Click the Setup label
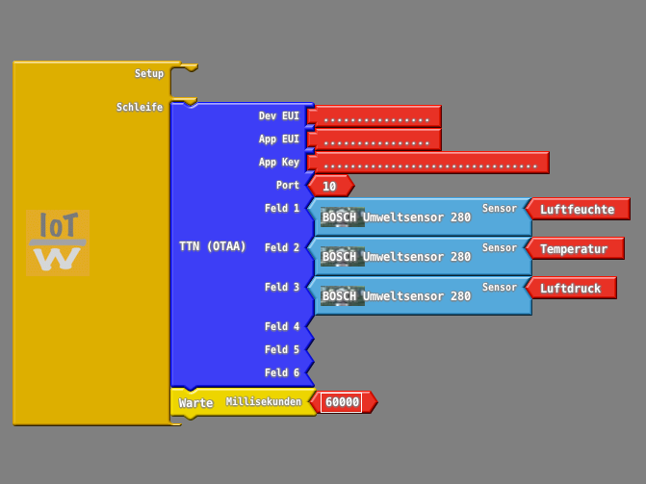click(149, 73)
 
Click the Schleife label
click(140, 107)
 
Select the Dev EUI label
click(279, 115)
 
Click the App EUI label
click(279, 139)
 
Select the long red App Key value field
click(429, 163)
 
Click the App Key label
click(279, 162)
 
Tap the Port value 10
click(330, 186)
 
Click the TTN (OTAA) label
click(212, 246)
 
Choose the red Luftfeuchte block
click(578, 209)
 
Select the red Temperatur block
click(574, 248)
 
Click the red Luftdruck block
click(571, 288)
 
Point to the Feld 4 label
click(282, 326)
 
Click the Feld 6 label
click(282, 372)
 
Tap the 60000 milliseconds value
click(342, 402)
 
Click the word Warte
click(195, 403)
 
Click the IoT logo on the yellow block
click(58, 243)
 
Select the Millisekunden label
click(264, 401)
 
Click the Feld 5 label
click(282, 349)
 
